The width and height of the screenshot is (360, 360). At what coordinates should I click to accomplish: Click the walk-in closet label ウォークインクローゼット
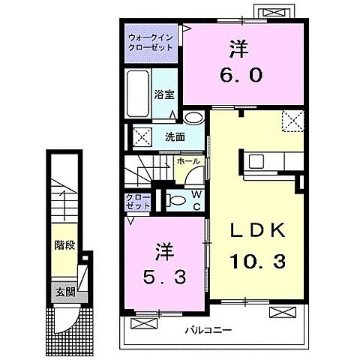click(x=150, y=41)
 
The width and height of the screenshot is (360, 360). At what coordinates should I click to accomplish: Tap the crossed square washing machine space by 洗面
click(x=139, y=136)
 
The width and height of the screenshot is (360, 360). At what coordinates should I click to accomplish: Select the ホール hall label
click(x=187, y=161)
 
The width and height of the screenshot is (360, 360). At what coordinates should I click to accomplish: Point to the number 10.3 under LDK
click(x=258, y=260)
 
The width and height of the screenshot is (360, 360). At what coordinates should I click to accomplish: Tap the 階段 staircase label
click(x=64, y=245)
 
